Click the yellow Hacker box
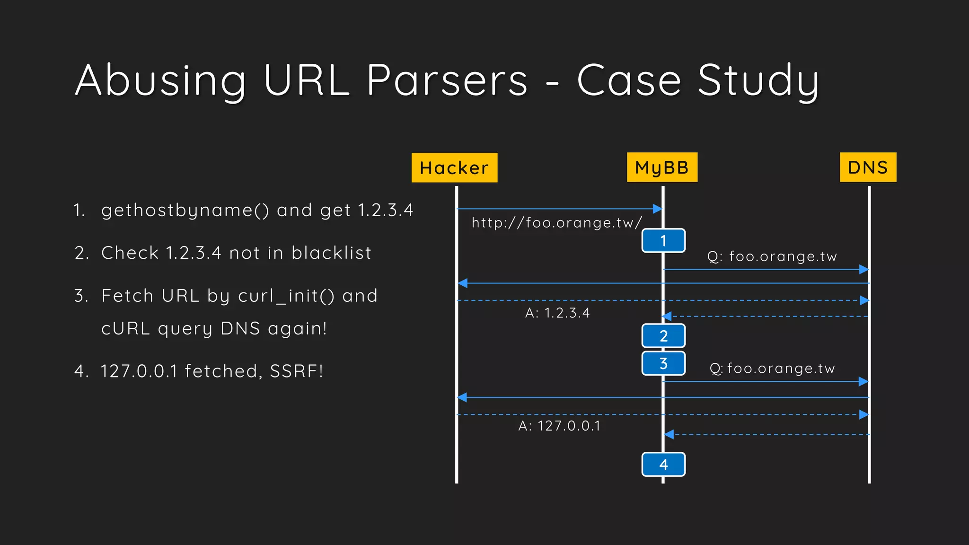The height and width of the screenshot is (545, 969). (454, 167)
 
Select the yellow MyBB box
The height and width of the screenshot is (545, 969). (662, 167)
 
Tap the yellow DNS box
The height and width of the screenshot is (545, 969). (868, 167)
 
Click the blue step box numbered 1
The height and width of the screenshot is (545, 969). (663, 241)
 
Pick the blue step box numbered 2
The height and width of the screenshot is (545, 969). (663, 336)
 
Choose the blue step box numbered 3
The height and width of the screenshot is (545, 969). (663, 363)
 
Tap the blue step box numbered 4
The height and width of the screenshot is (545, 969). (663, 465)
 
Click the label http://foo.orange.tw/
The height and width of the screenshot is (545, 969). (556, 223)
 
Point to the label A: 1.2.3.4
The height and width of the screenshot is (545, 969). (557, 313)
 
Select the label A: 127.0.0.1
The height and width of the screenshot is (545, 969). (559, 426)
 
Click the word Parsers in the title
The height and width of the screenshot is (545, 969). (447, 80)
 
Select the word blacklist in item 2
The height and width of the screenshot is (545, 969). (331, 253)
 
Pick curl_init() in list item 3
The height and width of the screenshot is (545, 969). (286, 296)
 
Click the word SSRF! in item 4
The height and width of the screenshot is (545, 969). (297, 371)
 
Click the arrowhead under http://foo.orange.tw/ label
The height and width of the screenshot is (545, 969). (657, 209)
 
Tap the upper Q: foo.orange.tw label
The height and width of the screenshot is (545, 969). (772, 256)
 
